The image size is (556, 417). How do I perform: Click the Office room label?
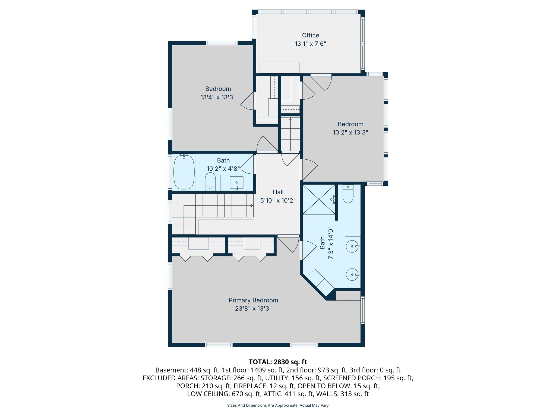coord(310,35)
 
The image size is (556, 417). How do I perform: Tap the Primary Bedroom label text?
coord(253,300)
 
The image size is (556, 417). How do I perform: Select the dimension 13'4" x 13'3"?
coord(218,97)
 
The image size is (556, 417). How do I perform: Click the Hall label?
coord(278,192)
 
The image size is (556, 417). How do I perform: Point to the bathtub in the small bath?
coord(184,172)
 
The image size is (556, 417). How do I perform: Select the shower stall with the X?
coord(319,200)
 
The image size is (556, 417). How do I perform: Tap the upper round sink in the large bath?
coord(352,247)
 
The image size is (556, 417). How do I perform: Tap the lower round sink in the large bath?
coord(352,274)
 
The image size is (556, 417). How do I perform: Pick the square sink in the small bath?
coord(236,183)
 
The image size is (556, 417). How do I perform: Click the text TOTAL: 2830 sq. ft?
coord(278,362)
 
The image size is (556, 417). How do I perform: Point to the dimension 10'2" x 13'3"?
coord(350,132)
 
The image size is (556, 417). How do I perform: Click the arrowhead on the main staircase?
coord(252,206)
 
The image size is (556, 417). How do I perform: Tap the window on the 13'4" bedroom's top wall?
coord(222,43)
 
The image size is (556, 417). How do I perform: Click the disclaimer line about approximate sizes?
coord(278,405)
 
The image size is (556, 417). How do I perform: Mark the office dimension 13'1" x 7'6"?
coord(310,44)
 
